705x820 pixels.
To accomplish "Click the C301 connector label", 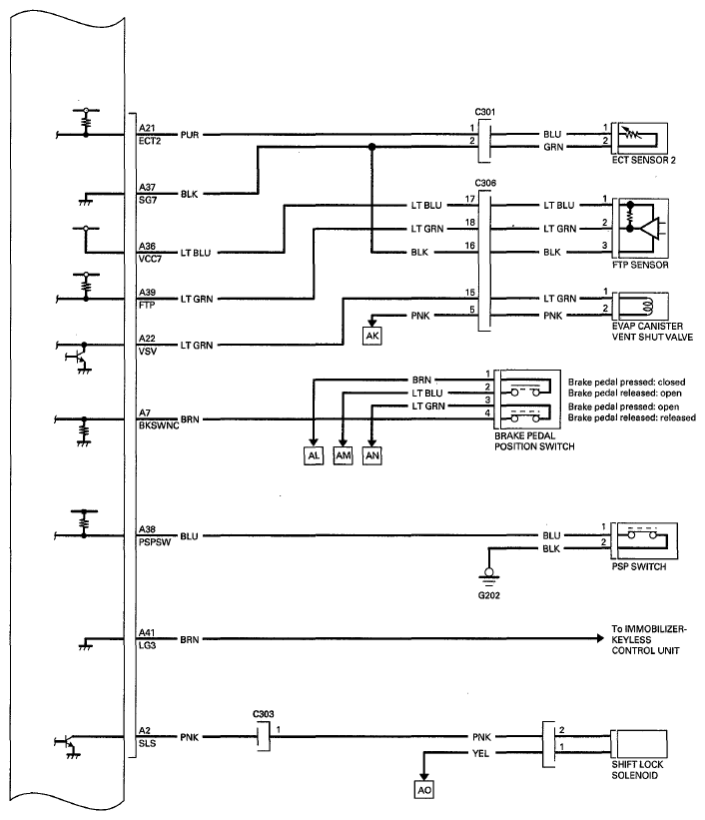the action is [x=485, y=112].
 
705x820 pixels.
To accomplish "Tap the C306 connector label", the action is [x=485, y=183].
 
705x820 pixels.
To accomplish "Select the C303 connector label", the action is [x=263, y=714].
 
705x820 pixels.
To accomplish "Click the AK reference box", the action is [x=372, y=336].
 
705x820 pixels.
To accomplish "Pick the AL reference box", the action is [x=314, y=455].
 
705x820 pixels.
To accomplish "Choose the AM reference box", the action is [x=344, y=455].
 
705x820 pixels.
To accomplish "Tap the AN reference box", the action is [x=372, y=455].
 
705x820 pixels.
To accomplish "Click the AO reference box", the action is [x=424, y=790].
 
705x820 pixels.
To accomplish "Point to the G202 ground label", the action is [x=489, y=595].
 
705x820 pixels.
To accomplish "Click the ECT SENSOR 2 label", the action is [x=644, y=160].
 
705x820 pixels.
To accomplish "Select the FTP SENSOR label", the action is [x=640, y=265].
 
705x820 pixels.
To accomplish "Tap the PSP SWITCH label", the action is [x=639, y=566].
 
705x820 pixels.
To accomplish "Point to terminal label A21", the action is [x=147, y=128].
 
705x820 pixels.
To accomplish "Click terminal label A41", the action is [x=147, y=633].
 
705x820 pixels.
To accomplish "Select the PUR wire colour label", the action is [x=190, y=135].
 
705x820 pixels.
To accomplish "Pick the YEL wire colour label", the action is [x=480, y=754].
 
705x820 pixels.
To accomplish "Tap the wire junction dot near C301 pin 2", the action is [x=371, y=148].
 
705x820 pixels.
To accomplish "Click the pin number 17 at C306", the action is [x=470, y=199].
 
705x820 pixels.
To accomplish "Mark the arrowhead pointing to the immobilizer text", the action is [x=600, y=638].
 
